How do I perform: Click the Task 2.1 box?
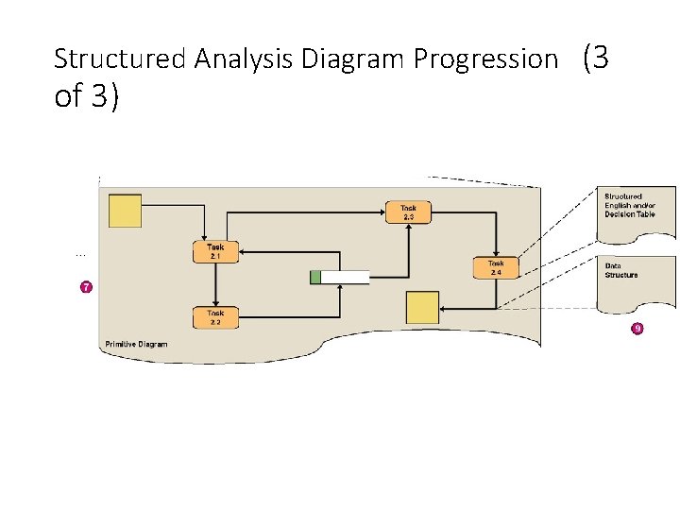click(x=215, y=251)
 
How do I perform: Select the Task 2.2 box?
click(x=215, y=317)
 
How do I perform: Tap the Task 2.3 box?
click(x=408, y=212)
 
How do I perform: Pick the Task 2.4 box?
click(x=496, y=267)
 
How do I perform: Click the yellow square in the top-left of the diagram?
click(x=126, y=211)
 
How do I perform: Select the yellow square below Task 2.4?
click(x=422, y=308)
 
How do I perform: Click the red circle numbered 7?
click(x=86, y=286)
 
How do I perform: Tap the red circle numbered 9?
click(x=637, y=329)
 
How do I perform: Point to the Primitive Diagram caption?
click(x=136, y=344)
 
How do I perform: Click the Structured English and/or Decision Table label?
click(x=630, y=205)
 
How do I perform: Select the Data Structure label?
click(x=621, y=270)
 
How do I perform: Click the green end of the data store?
click(x=315, y=277)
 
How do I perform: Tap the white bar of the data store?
click(x=345, y=277)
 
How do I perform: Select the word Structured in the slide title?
click(x=120, y=59)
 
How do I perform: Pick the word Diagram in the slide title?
click(x=353, y=59)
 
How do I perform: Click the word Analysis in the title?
click(x=245, y=59)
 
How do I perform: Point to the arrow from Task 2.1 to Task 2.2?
click(x=215, y=284)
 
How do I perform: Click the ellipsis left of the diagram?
click(x=80, y=253)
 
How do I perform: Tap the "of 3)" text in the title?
click(x=87, y=96)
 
